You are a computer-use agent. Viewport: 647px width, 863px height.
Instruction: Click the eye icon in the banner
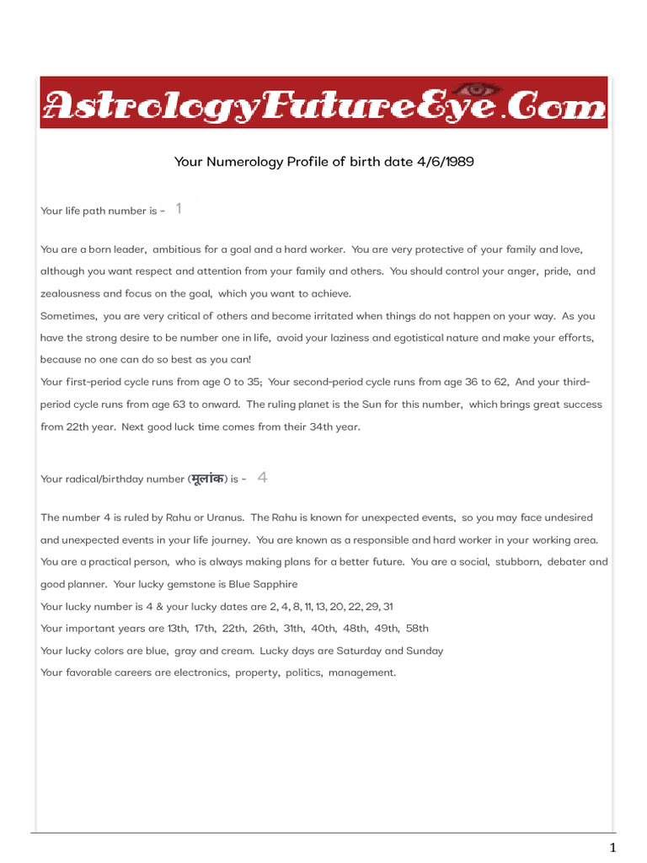[x=481, y=88]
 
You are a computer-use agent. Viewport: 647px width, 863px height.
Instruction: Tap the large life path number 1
[x=179, y=208]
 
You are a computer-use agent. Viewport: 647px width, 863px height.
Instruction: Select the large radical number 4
[x=263, y=478]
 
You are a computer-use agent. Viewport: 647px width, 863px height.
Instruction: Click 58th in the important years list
[x=417, y=628]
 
